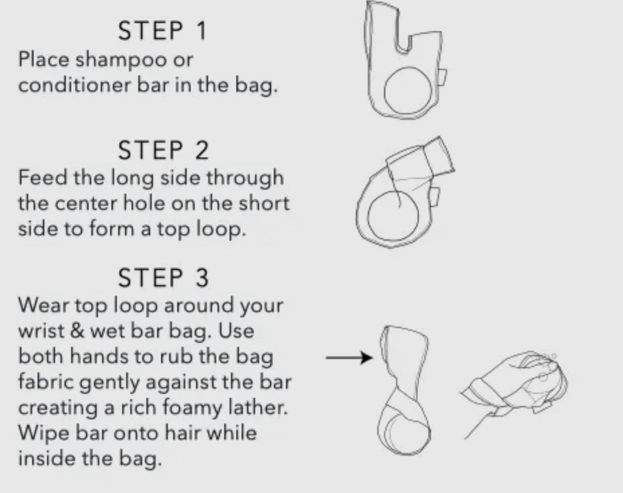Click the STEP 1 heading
pyautogui.click(x=163, y=31)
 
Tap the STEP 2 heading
pyautogui.click(x=164, y=150)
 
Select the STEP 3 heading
pyautogui.click(x=164, y=278)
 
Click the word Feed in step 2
pyautogui.click(x=43, y=177)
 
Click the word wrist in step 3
pyautogui.click(x=41, y=331)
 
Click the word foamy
pyautogui.click(x=192, y=409)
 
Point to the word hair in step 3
pyautogui.click(x=183, y=433)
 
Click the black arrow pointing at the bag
pyautogui.click(x=350, y=358)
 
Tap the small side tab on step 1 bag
pyautogui.click(x=442, y=77)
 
